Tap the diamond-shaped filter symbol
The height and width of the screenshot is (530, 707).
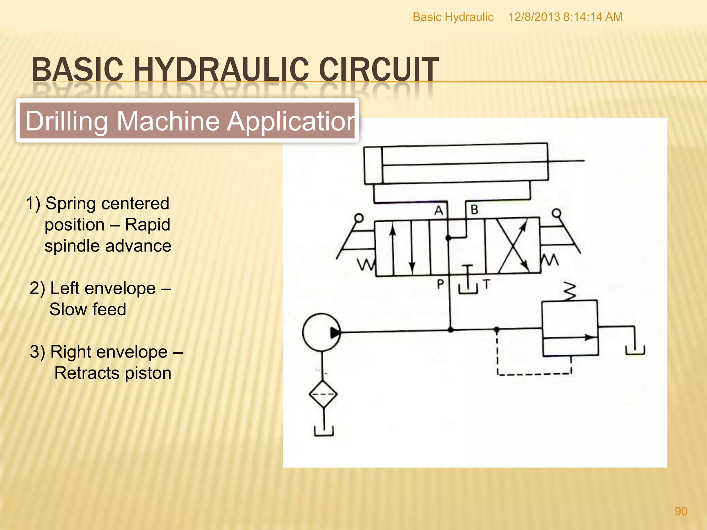[323, 394]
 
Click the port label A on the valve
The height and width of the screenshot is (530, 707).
[438, 210]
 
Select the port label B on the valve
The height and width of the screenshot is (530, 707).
[475, 209]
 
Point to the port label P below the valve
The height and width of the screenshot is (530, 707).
[440, 284]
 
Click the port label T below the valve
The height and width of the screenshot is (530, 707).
[486, 284]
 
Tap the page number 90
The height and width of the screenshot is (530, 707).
[681, 511]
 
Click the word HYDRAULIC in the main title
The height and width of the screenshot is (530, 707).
[221, 70]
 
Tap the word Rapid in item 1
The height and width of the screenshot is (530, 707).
[147, 225]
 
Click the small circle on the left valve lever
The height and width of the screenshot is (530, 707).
[359, 218]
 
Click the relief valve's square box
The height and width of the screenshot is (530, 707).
[570, 328]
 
